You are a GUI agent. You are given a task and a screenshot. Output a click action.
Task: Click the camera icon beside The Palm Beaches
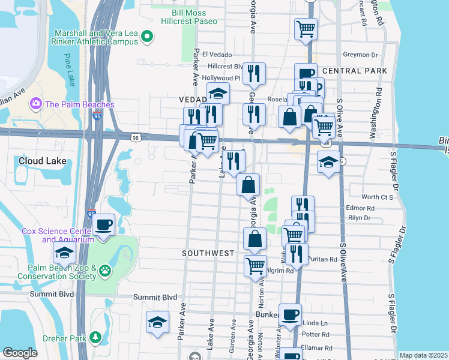(35, 104)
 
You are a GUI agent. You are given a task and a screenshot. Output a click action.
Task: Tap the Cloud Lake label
(42, 161)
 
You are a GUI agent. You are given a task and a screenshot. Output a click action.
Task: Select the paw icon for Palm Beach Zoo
(106, 271)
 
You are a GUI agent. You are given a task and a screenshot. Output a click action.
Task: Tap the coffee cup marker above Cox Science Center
(104, 226)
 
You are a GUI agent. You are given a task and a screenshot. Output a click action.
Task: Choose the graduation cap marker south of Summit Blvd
(158, 322)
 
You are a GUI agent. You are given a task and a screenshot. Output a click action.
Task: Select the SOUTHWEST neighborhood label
(208, 253)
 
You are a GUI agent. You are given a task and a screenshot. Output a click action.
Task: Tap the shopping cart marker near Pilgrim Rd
(256, 266)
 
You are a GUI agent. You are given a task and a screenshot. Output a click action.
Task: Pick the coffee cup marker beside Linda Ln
(291, 314)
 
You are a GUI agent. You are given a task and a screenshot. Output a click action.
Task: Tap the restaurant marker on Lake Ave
(234, 161)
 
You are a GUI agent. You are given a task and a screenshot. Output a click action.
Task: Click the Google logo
(20, 353)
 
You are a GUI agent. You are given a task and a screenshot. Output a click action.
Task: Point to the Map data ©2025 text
(423, 355)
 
